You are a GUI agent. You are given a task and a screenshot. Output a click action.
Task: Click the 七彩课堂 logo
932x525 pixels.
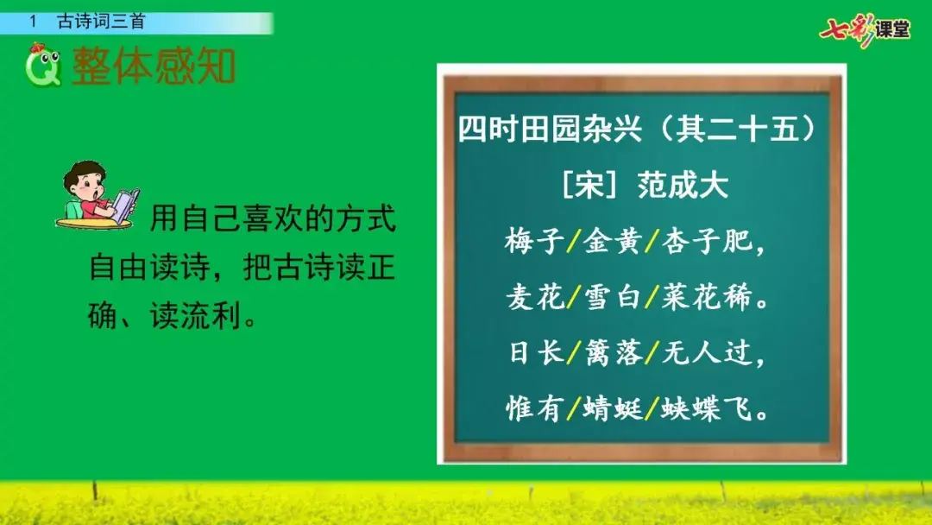[x=865, y=30]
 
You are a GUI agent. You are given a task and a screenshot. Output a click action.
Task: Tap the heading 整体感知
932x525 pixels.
[x=154, y=66]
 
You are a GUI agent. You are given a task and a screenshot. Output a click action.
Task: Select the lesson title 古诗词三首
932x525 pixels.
[x=101, y=22]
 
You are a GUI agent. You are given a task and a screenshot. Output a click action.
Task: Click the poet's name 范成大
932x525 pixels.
[x=683, y=186]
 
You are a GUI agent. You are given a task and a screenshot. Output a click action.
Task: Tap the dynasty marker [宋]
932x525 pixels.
[x=589, y=186]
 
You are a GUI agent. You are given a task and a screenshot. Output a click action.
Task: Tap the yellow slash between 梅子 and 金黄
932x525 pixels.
[x=574, y=242]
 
